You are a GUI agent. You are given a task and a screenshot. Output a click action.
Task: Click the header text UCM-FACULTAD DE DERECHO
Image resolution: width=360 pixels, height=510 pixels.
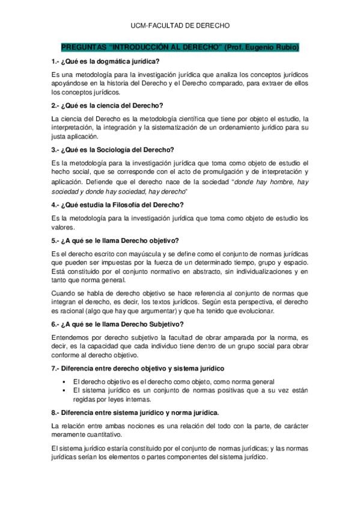coord(180,26)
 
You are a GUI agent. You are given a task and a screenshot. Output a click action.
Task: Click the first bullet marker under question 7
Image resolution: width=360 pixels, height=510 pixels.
coord(63,382)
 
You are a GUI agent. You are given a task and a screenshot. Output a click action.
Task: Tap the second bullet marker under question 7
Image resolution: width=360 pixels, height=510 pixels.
coord(63,390)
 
